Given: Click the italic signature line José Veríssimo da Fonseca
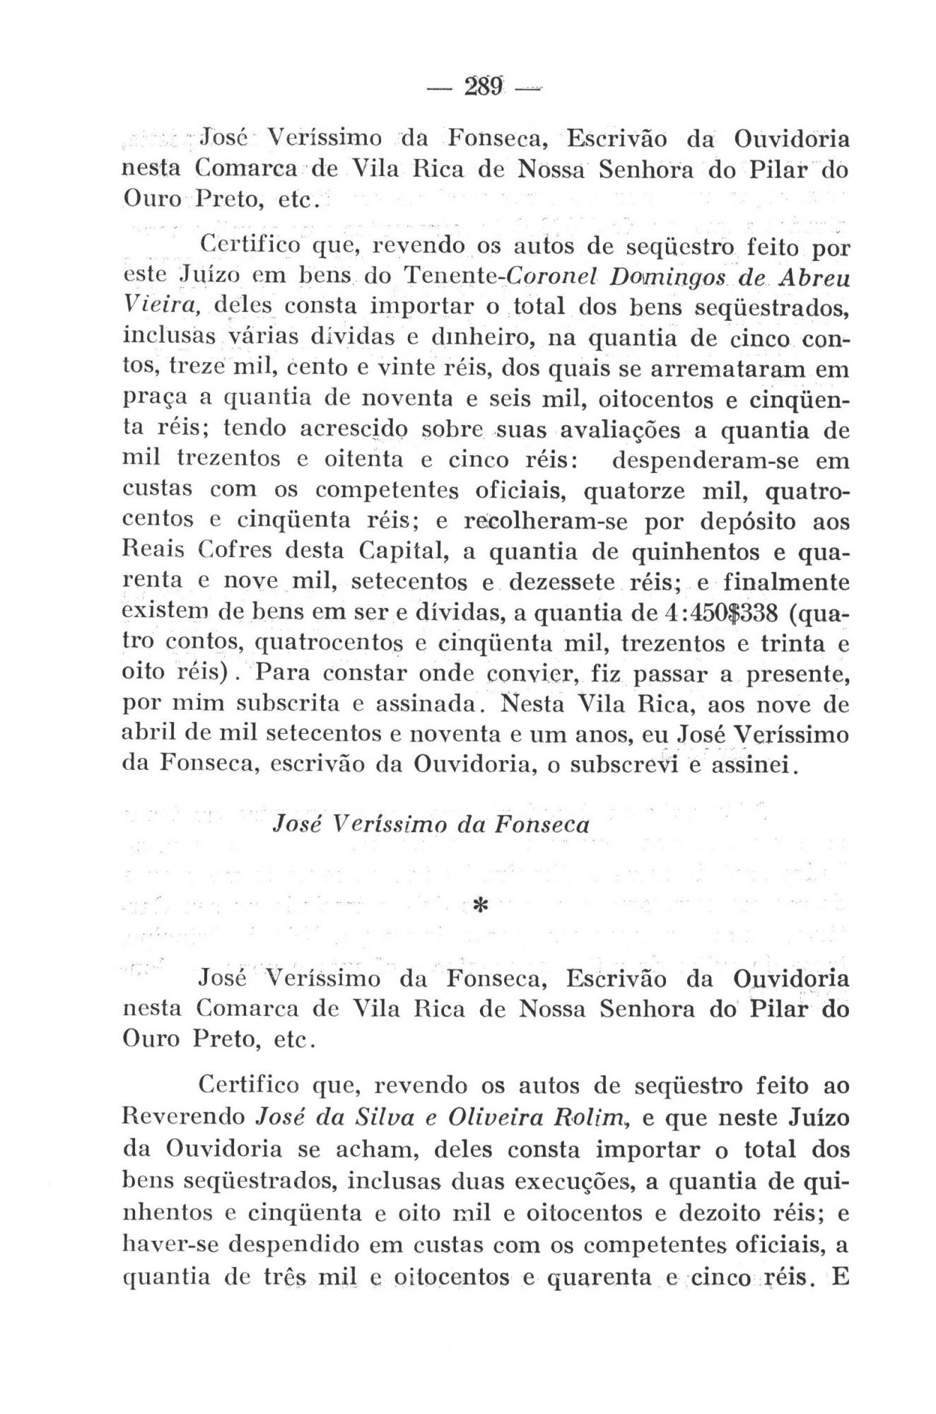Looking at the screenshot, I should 431,824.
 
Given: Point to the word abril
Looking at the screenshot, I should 146,735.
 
